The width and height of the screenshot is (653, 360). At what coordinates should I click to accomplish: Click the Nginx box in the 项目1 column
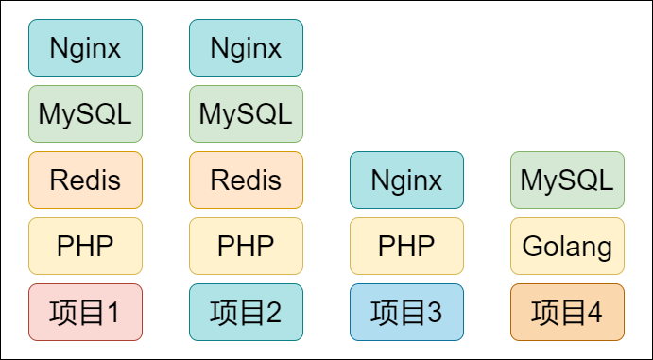pos(85,47)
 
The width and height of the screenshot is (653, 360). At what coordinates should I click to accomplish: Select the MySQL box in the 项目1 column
pos(85,113)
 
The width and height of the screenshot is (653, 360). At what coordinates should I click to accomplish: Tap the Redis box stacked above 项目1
pos(85,180)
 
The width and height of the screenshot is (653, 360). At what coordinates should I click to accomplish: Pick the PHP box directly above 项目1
pos(85,246)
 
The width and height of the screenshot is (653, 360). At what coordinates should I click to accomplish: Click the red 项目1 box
pos(85,312)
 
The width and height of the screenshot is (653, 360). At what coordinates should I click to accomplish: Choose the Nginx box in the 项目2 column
pos(246,47)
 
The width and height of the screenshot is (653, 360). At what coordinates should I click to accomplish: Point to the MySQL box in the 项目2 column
pos(246,113)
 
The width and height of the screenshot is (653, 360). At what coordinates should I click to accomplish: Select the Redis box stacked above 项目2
pos(246,180)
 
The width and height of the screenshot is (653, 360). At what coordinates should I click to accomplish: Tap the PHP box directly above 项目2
pos(246,246)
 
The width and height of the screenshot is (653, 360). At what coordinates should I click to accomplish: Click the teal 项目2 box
pos(246,312)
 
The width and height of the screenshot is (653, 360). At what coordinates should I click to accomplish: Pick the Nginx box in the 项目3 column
pos(406,180)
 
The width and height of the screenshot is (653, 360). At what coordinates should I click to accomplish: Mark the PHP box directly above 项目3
pos(406,246)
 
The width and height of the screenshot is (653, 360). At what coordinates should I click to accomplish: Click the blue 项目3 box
pos(406,312)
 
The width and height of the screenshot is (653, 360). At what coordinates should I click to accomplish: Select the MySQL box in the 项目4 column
pos(567,180)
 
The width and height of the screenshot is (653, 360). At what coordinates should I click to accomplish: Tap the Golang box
pos(567,246)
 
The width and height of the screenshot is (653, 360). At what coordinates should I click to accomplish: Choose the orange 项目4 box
pos(567,312)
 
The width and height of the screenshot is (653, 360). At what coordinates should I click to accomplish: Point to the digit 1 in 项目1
pos(112,313)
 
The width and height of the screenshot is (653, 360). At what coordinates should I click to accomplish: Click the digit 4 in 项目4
pos(594,313)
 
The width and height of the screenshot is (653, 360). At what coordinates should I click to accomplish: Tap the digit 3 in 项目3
pos(434,313)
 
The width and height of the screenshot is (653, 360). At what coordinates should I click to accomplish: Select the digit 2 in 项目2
pos(273,313)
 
